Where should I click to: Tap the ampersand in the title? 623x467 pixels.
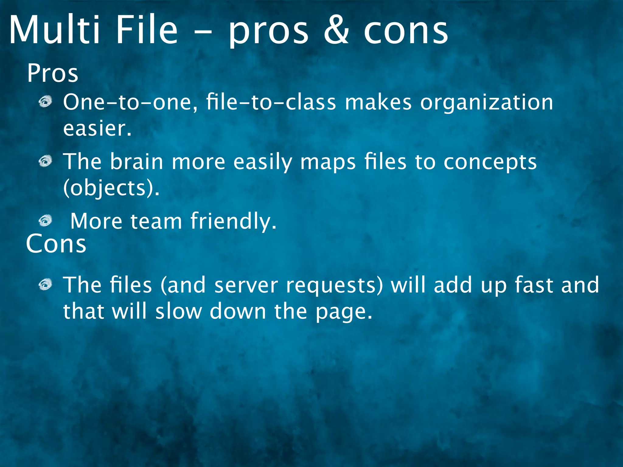tap(336, 30)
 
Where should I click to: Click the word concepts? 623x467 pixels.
tap(490, 162)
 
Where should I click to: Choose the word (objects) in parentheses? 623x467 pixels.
tap(111, 188)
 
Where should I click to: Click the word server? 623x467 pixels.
tap(246, 285)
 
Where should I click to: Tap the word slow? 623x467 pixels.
tap(179, 311)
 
